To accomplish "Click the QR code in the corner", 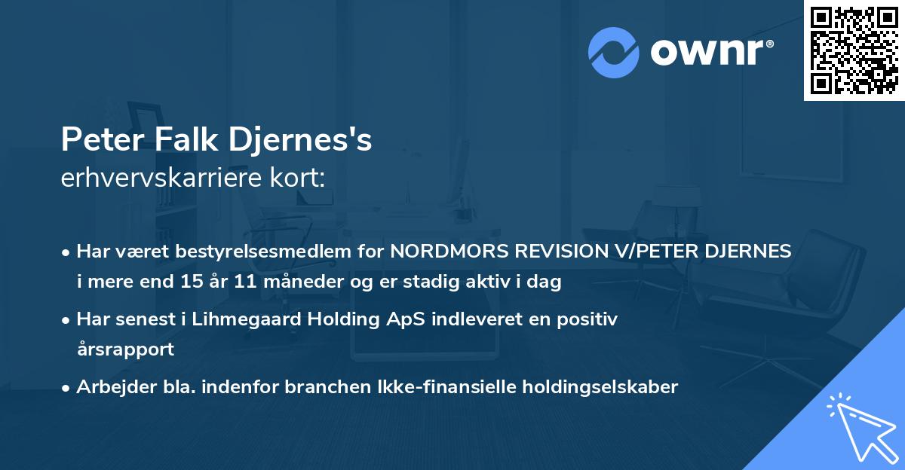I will click(x=853, y=50).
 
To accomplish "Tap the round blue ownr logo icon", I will click(x=614, y=52).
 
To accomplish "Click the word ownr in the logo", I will click(x=705, y=53).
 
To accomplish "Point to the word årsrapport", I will click(x=125, y=349).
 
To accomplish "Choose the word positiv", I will click(x=589, y=319).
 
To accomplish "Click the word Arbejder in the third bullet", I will click(x=110, y=387).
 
